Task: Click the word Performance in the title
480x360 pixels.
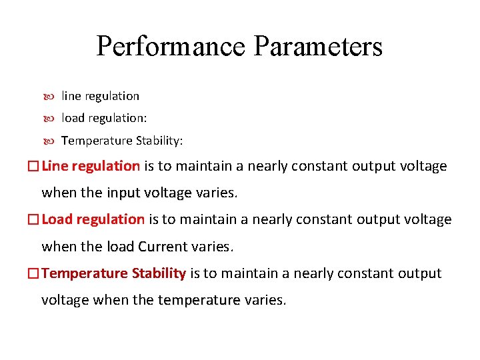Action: click(171, 47)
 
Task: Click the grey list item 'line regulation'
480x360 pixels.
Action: click(100, 96)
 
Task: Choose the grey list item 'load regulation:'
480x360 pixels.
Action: click(104, 118)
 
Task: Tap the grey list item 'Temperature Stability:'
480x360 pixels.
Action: click(122, 141)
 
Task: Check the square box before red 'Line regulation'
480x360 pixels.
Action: click(33, 167)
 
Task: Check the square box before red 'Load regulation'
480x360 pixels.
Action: click(33, 220)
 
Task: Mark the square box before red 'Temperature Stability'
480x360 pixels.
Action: click(33, 274)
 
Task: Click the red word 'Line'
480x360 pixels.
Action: click(55, 166)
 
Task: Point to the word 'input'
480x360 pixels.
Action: click(123, 193)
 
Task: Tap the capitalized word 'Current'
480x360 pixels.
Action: click(163, 247)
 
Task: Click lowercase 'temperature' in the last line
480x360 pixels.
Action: click(199, 301)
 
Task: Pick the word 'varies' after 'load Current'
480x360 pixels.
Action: click(211, 247)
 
